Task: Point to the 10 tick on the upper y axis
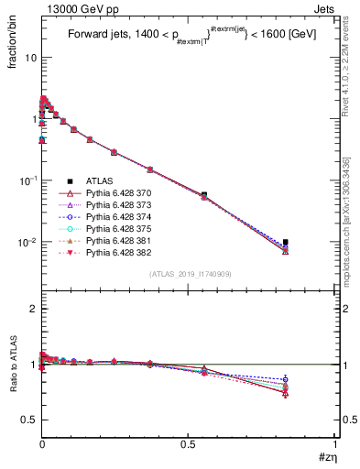click(x=29, y=58)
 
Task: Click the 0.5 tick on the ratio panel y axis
click(x=27, y=420)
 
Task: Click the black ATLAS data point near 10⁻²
click(x=286, y=243)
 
